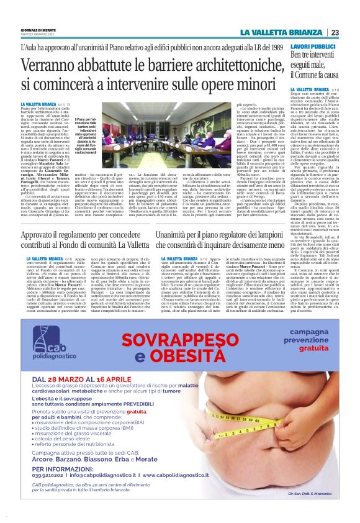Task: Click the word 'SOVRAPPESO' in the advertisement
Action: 181,340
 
